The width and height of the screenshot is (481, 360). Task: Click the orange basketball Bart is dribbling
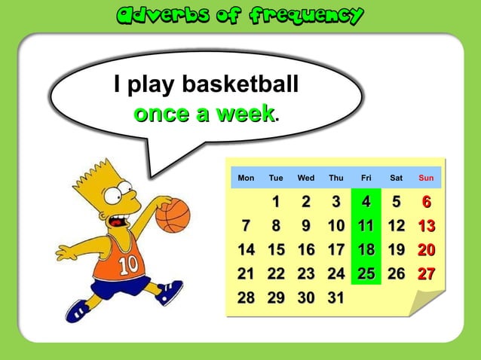tap(173, 215)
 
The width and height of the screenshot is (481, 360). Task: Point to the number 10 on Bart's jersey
tap(127, 264)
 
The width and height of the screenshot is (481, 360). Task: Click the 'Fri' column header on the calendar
tap(366, 178)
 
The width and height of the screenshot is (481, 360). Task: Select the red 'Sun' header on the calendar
tap(426, 178)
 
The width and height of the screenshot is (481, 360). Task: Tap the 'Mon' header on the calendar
tap(246, 178)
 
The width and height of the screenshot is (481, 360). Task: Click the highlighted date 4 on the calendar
tap(366, 202)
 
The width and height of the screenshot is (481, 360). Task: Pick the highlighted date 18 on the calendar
tap(366, 249)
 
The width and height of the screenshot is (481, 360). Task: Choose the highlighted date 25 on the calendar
tap(366, 273)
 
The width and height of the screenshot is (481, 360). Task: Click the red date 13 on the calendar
tap(426, 225)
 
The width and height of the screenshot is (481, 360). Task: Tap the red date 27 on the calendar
tap(426, 273)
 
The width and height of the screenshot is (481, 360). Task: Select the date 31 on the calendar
tap(335, 297)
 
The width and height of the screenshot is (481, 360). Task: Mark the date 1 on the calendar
tap(276, 202)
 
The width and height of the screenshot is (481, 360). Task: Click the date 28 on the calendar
tap(246, 297)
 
